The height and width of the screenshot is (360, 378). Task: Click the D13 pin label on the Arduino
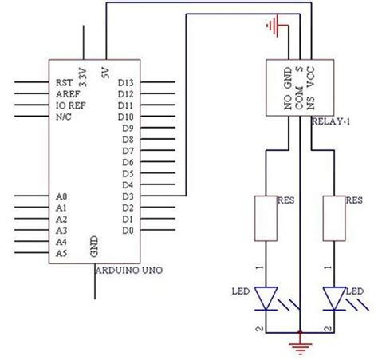pyautogui.click(x=126, y=82)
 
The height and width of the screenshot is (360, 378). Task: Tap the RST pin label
pyautogui.click(x=64, y=82)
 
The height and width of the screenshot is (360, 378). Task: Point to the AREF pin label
pyautogui.click(x=67, y=93)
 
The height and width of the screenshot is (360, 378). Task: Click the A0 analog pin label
pyautogui.click(x=61, y=196)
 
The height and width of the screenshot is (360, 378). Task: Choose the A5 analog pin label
pyautogui.click(x=61, y=253)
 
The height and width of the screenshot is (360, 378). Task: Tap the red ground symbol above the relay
pyautogui.click(x=275, y=27)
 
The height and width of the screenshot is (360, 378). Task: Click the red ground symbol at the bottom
pyautogui.click(x=300, y=346)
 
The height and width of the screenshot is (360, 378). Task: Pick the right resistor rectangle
pyautogui.click(x=335, y=218)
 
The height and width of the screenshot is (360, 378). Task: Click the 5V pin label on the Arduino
pyautogui.click(x=104, y=71)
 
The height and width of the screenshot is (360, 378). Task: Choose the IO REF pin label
pyautogui.click(x=70, y=105)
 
